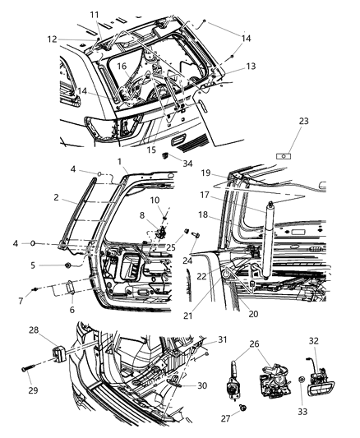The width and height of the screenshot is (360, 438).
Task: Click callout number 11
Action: coord(95,15)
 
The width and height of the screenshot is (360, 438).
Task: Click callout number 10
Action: coord(155,201)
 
